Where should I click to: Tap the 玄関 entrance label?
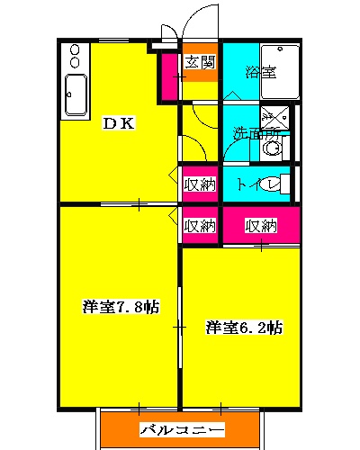pos(200,62)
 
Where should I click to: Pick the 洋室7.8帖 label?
pos(121,307)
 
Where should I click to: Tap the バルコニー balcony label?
pos(182,430)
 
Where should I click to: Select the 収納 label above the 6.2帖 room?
pos(261,225)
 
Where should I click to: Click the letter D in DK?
pos(109,125)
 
